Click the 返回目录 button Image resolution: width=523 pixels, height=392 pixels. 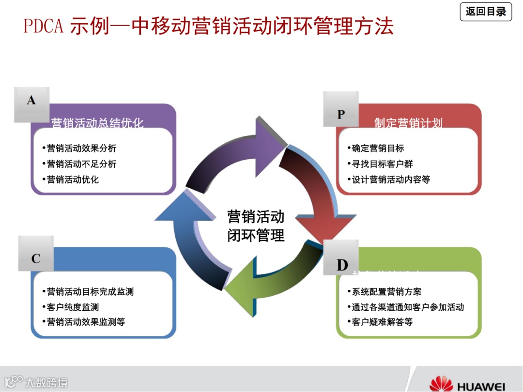tap(486, 12)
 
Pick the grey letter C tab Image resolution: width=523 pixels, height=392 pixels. tap(36, 259)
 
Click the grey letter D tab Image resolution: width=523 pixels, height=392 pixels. tap(342, 265)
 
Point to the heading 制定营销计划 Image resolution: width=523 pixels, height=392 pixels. tap(408, 123)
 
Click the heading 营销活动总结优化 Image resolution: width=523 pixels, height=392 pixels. tap(97, 123)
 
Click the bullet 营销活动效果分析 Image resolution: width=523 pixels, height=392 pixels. tap(81, 148)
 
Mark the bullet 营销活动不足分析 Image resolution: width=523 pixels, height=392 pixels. tap(81, 164)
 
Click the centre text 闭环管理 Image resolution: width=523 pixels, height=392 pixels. tap(256, 236)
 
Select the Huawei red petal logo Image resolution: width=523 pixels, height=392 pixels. tap(441, 383)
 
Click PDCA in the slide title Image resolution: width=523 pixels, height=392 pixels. tap(44, 26)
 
